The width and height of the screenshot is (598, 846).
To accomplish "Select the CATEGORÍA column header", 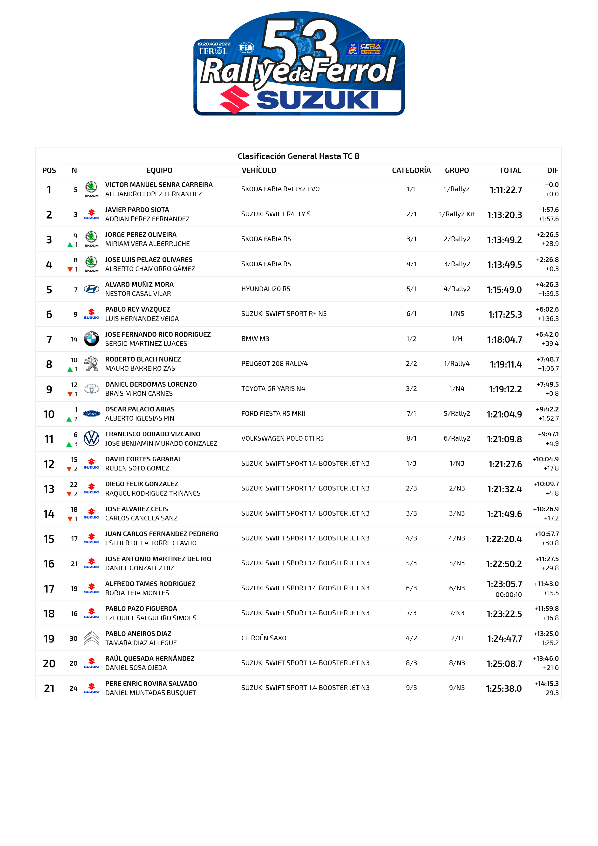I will coord(411,170).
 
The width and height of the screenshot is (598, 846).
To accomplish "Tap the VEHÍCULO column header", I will coord(259,170).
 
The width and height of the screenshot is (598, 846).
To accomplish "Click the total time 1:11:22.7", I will coord(505,190).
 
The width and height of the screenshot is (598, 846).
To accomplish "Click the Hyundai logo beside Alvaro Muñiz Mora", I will coord(91,289).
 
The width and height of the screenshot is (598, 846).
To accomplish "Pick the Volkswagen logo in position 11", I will coord(91,438).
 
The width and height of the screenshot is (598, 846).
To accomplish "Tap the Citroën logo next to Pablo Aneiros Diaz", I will coord(91,638).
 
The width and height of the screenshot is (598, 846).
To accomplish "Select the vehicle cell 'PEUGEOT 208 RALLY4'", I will coord(274,364).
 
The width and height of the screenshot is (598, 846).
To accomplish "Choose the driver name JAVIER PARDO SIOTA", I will coord(137,210).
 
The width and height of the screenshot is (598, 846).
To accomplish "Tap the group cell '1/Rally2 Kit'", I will coord(456,214).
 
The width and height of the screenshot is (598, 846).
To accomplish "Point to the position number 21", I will coord(49,688).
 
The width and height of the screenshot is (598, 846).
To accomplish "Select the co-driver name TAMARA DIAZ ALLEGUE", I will coord(141,643).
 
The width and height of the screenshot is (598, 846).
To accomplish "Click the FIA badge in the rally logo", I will coord(246,48).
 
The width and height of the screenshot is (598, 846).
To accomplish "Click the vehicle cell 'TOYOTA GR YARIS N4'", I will coord(273,389).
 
